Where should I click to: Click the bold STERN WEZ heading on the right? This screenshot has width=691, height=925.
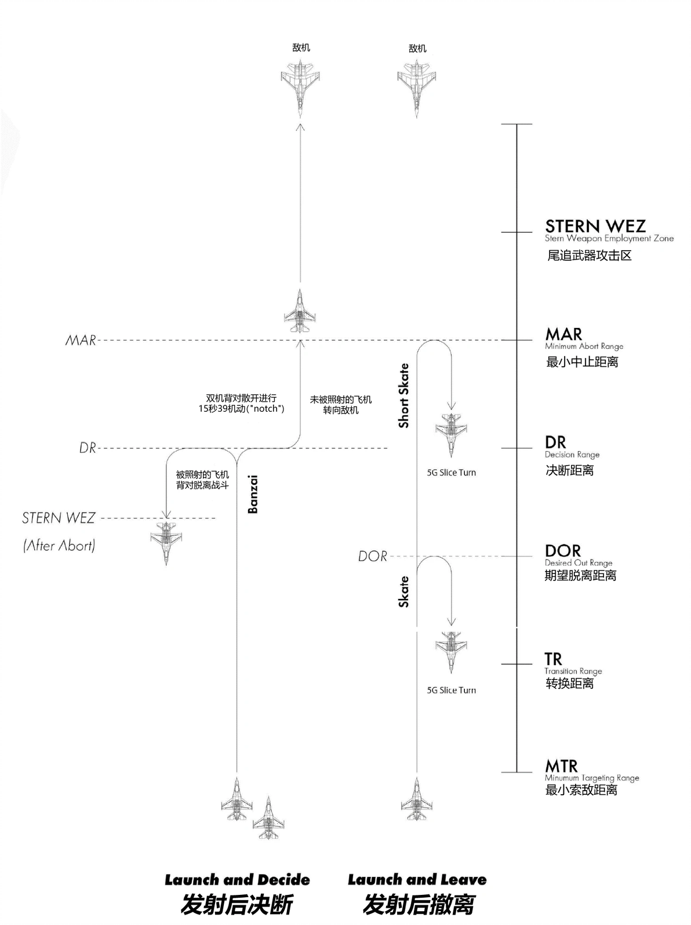tap(595, 226)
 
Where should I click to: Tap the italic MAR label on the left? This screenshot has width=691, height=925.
tap(81, 340)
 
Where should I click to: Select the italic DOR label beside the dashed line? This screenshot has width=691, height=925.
tap(372, 556)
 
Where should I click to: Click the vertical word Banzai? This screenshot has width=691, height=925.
tap(252, 494)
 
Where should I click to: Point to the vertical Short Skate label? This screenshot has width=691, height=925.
tap(403, 395)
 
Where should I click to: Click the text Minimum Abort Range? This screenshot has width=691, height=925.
tap(584, 346)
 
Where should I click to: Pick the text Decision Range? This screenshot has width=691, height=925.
tap(572, 454)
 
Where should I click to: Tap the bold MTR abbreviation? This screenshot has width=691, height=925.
tap(561, 766)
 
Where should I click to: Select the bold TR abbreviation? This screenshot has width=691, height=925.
tap(553, 659)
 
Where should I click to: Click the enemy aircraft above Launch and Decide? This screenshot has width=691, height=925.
tap(300, 88)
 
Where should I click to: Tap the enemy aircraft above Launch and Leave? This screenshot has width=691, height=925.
tap(417, 89)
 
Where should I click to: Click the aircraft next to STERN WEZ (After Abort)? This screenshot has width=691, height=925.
tap(166, 543)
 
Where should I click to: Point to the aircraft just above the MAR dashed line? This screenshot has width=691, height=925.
tap(300, 310)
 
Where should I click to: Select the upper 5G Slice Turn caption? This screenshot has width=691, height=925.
tap(451, 473)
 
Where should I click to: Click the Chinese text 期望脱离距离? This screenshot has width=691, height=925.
tap(580, 575)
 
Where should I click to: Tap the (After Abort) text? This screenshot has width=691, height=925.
tap(59, 545)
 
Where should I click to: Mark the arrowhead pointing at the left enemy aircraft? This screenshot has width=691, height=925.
tap(300, 126)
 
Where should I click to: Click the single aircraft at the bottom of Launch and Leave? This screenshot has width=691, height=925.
tap(417, 799)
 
